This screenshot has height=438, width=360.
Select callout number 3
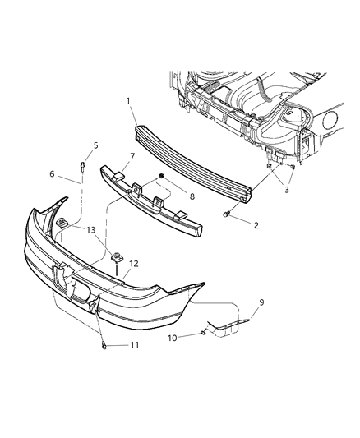(287, 190)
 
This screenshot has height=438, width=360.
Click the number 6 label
(52, 175)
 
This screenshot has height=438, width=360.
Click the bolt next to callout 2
(224, 214)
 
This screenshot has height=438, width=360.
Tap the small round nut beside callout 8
(163, 177)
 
